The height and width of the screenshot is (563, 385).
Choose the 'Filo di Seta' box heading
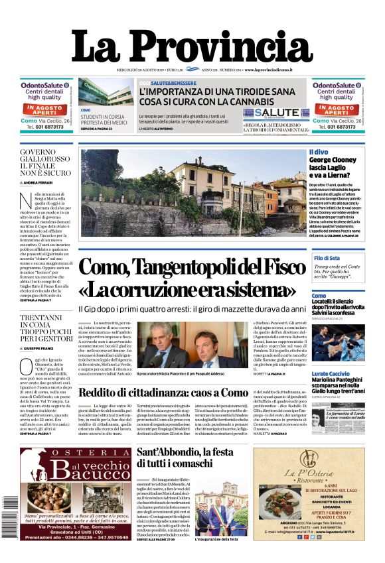click(x=327, y=258)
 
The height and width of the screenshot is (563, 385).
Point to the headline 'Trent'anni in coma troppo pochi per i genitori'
click(x=46, y=328)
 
